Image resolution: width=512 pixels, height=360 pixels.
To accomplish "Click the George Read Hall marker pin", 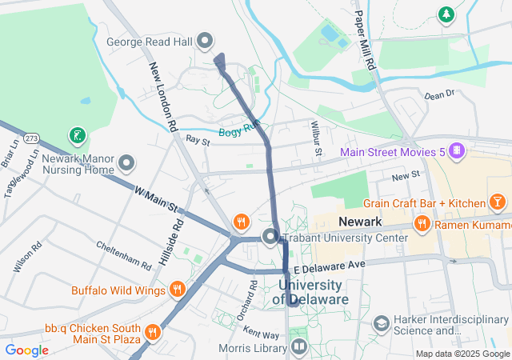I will click(x=205, y=40).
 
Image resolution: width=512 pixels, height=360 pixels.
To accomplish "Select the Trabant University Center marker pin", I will click(x=270, y=237).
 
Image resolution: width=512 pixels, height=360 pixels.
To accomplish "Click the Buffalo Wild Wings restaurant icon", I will click(x=178, y=290).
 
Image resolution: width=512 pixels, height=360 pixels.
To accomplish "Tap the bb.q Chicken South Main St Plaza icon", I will click(x=151, y=330).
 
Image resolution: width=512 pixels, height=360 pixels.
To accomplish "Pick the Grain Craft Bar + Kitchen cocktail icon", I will click(x=498, y=202).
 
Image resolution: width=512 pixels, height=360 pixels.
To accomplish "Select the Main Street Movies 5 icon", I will click(x=455, y=150).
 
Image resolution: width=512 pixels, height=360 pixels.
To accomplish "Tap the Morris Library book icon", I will click(x=298, y=346).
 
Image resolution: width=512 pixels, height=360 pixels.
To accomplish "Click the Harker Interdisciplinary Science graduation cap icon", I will click(x=382, y=323).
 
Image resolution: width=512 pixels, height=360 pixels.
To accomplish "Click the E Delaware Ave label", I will click(x=329, y=264).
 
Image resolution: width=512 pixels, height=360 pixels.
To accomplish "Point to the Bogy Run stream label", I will click(x=239, y=128).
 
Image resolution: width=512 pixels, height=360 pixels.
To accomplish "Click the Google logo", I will click(x=27, y=350).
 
